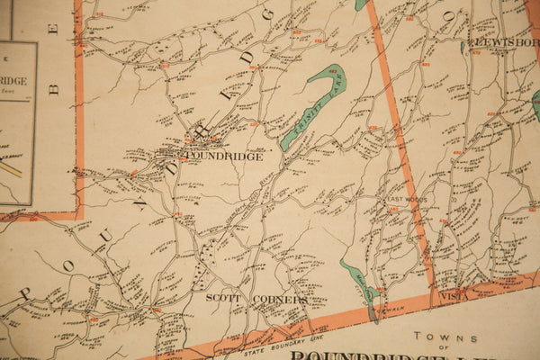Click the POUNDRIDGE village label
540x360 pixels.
pyautogui.click(x=225, y=156)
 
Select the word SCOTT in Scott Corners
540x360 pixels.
pyautogui.click(x=221, y=297)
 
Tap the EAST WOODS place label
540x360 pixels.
pyautogui.click(x=406, y=200)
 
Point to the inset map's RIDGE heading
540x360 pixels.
pyautogui.click(x=13, y=81)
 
